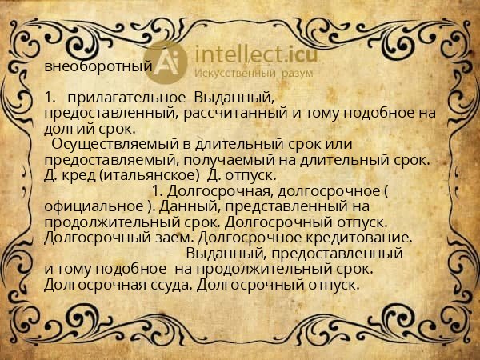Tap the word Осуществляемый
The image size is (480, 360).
(111, 143)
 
